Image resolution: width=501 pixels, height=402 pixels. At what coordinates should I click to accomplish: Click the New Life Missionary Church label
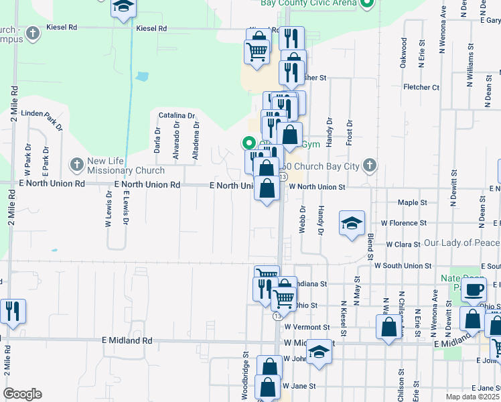click(x=126, y=165)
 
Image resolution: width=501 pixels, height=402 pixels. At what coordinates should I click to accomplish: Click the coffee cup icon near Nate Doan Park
click(x=474, y=290)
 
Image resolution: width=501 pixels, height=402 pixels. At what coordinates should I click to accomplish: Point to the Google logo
click(x=22, y=394)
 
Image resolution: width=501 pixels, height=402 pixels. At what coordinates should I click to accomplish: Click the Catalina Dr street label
click(x=177, y=116)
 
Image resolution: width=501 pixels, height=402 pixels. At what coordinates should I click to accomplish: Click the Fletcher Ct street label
click(x=421, y=87)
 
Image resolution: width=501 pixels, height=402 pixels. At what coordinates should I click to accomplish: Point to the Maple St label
click(x=412, y=202)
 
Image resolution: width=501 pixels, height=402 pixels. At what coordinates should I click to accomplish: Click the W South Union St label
click(x=407, y=266)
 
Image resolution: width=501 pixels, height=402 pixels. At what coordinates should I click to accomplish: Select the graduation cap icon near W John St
click(x=319, y=351)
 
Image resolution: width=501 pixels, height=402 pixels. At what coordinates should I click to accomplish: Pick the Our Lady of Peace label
click(x=461, y=243)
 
